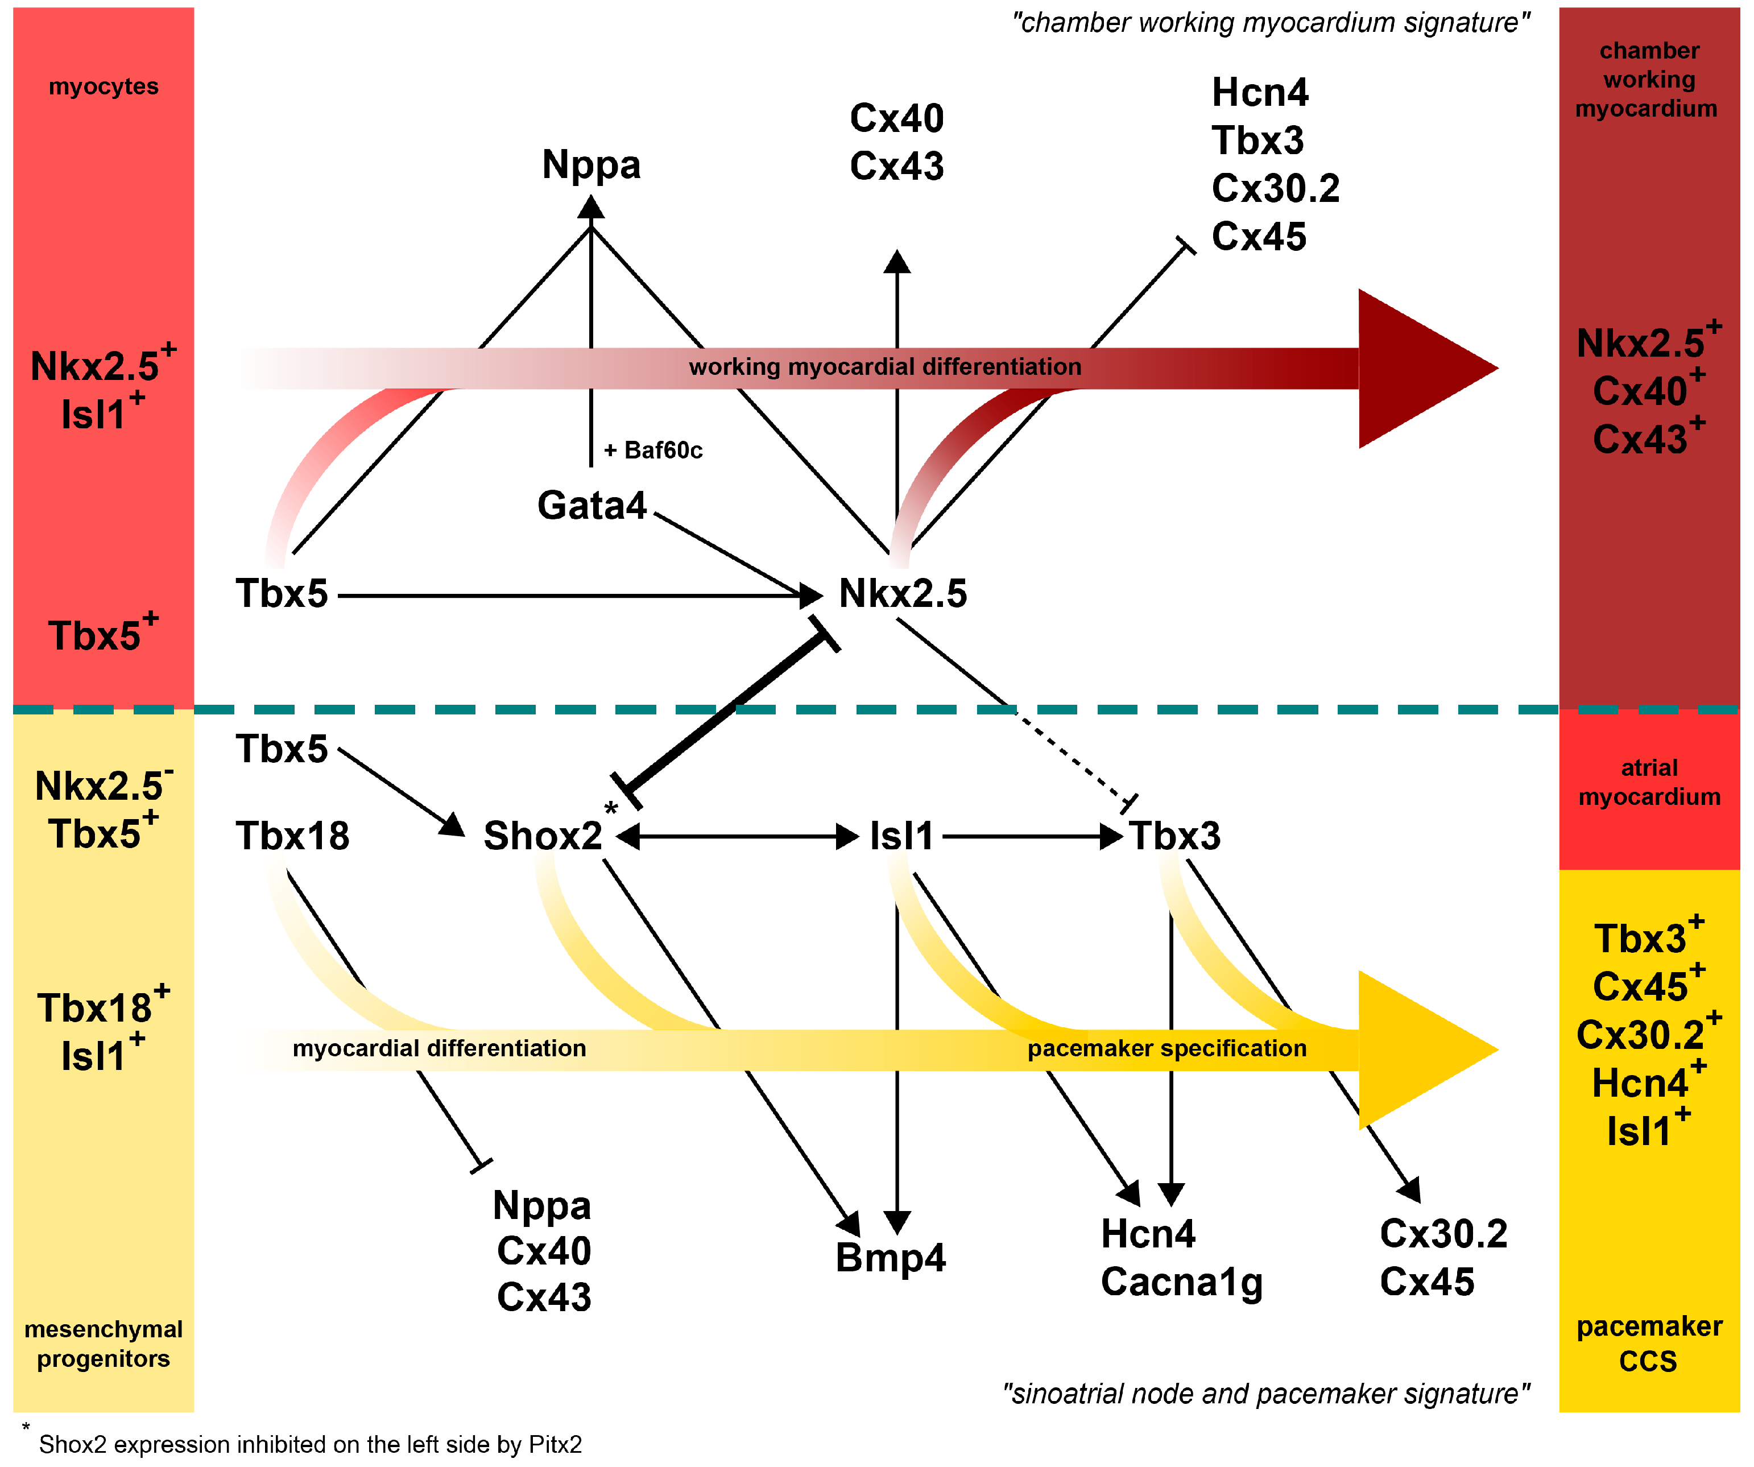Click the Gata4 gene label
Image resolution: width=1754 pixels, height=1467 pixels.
[x=591, y=506]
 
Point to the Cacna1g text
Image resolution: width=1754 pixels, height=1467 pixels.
[x=1181, y=1282]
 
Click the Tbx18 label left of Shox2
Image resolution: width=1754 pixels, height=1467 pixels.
[x=292, y=836]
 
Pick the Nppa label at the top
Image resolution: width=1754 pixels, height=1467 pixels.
[x=591, y=164]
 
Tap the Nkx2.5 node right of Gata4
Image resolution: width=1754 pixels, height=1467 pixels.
[x=902, y=594]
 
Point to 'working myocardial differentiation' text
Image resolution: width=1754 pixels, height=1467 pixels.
[x=884, y=367]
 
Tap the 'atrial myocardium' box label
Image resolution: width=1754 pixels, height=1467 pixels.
[x=1649, y=783]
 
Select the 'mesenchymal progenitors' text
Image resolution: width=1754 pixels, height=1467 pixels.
[x=103, y=1344]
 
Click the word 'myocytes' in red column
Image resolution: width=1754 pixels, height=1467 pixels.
[x=103, y=86]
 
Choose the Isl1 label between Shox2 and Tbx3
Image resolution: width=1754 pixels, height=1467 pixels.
[x=901, y=836]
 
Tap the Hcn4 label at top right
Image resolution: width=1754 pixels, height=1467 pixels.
[x=1260, y=93]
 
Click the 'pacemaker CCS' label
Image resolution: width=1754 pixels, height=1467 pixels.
[x=1649, y=1344]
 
